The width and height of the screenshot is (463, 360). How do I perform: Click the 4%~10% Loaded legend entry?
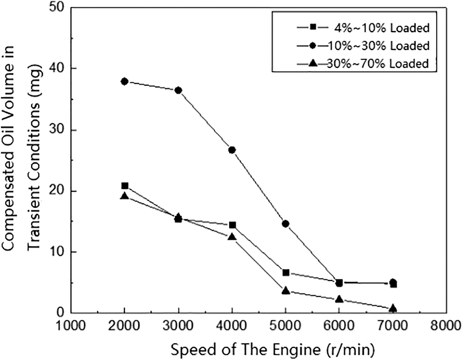[x=362, y=28]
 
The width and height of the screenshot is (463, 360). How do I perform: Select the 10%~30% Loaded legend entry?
[x=362, y=45]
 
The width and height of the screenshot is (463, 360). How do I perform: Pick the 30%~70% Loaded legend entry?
[x=362, y=63]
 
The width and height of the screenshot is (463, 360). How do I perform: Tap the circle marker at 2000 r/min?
[x=124, y=81]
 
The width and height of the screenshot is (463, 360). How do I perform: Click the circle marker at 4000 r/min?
[x=232, y=150]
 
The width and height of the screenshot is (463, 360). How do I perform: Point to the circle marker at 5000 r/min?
[x=286, y=223]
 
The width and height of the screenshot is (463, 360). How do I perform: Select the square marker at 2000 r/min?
[x=124, y=186]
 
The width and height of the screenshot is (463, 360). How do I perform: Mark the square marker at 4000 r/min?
[x=232, y=225]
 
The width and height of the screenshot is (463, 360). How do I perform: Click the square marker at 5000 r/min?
[x=286, y=272]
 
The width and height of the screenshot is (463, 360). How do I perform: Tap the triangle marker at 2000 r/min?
[x=124, y=196]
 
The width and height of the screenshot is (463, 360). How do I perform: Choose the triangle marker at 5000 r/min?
[x=286, y=291]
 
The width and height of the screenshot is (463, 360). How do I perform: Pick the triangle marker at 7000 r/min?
[x=393, y=308]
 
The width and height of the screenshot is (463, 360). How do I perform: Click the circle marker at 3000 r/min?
[x=178, y=90]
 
